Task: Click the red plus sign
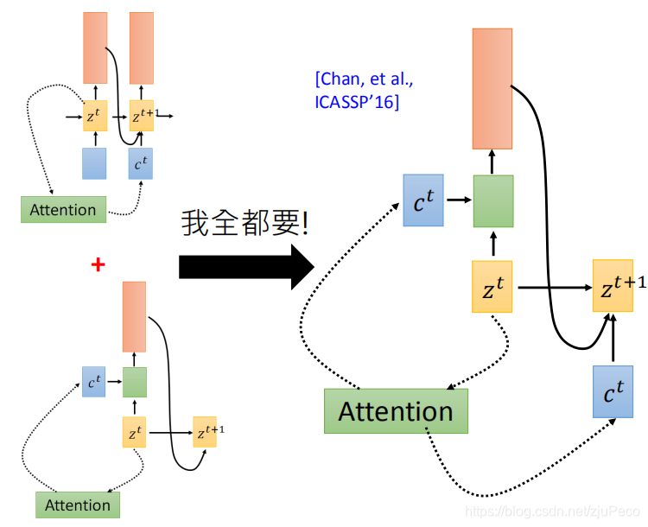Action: click(x=98, y=264)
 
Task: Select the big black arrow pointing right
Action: click(x=245, y=266)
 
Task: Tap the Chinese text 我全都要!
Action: click(x=245, y=223)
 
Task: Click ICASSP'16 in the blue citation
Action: click(x=357, y=102)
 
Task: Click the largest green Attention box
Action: click(x=396, y=411)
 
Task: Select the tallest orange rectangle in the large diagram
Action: click(x=492, y=88)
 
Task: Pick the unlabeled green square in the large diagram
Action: click(x=492, y=201)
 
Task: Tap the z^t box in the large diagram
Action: click(x=492, y=287)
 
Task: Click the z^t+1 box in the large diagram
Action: click(x=619, y=285)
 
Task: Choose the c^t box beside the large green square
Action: click(x=423, y=200)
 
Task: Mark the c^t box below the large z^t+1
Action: click(x=613, y=390)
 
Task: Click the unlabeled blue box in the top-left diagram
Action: click(x=94, y=163)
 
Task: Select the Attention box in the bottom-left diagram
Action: click(x=78, y=505)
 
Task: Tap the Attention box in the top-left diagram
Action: click(x=63, y=209)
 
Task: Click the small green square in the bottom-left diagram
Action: click(x=134, y=381)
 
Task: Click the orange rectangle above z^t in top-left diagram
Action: click(x=95, y=48)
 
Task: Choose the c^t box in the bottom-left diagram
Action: click(x=93, y=381)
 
